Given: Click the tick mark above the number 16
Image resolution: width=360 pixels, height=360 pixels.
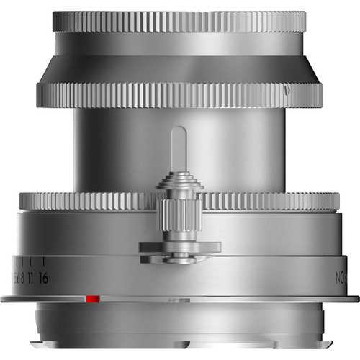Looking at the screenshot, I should click(45, 261).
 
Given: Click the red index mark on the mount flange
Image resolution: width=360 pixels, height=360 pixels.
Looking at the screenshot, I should click(92, 298).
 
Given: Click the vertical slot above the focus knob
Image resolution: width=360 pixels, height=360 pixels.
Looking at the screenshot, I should click(179, 148).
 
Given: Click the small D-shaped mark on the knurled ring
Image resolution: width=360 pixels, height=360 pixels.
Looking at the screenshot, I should click(288, 91).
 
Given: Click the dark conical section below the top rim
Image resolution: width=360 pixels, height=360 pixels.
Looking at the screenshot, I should click(179, 69).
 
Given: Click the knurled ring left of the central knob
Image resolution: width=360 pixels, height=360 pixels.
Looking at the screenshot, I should click(86, 201).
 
